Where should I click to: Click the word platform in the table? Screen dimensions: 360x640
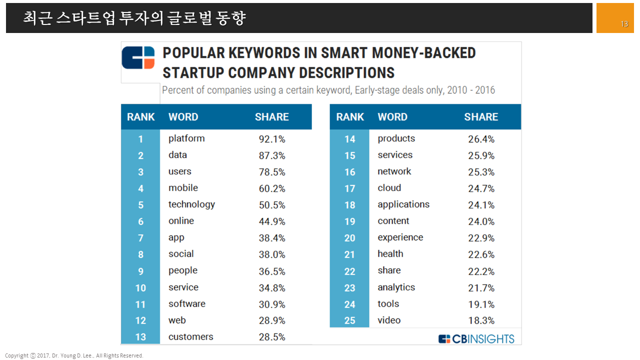186,138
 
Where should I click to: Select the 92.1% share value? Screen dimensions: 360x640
272,139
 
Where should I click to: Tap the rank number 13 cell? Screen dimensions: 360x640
140,337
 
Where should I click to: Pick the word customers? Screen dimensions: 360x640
190,337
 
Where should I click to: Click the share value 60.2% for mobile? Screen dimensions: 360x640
272,188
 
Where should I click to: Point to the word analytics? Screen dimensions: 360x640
396,287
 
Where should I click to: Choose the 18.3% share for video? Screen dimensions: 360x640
481,320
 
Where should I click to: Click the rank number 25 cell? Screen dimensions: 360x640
349,320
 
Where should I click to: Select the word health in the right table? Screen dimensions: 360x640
390,254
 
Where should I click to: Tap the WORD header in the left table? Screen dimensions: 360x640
183,117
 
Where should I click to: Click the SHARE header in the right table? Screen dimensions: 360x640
481,117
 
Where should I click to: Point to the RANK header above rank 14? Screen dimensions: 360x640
350,117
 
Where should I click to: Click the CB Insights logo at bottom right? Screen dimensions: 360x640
476,339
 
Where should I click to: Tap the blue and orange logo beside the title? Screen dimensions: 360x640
138,57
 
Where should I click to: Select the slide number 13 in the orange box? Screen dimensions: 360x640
624,24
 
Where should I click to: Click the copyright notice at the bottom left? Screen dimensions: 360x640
74,355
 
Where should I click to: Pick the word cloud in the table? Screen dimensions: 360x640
389,188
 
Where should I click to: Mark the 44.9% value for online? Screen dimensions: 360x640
272,221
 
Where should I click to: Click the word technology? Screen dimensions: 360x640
191,204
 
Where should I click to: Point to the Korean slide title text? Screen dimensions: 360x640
134,18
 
